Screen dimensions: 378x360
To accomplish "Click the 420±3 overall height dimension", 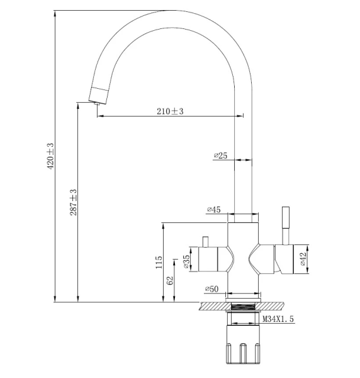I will tap(51, 156).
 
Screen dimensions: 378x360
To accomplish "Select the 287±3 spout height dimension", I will tap(74, 202).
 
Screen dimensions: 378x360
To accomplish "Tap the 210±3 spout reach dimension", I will tap(169, 112).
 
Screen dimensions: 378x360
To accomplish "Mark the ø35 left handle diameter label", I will tap(187, 261).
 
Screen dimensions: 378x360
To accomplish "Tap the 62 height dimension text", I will tap(170, 281).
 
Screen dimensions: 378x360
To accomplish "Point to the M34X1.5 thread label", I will tap(278, 320).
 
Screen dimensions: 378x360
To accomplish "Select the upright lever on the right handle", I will tap(284, 224).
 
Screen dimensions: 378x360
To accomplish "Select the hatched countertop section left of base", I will tap(210, 306).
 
